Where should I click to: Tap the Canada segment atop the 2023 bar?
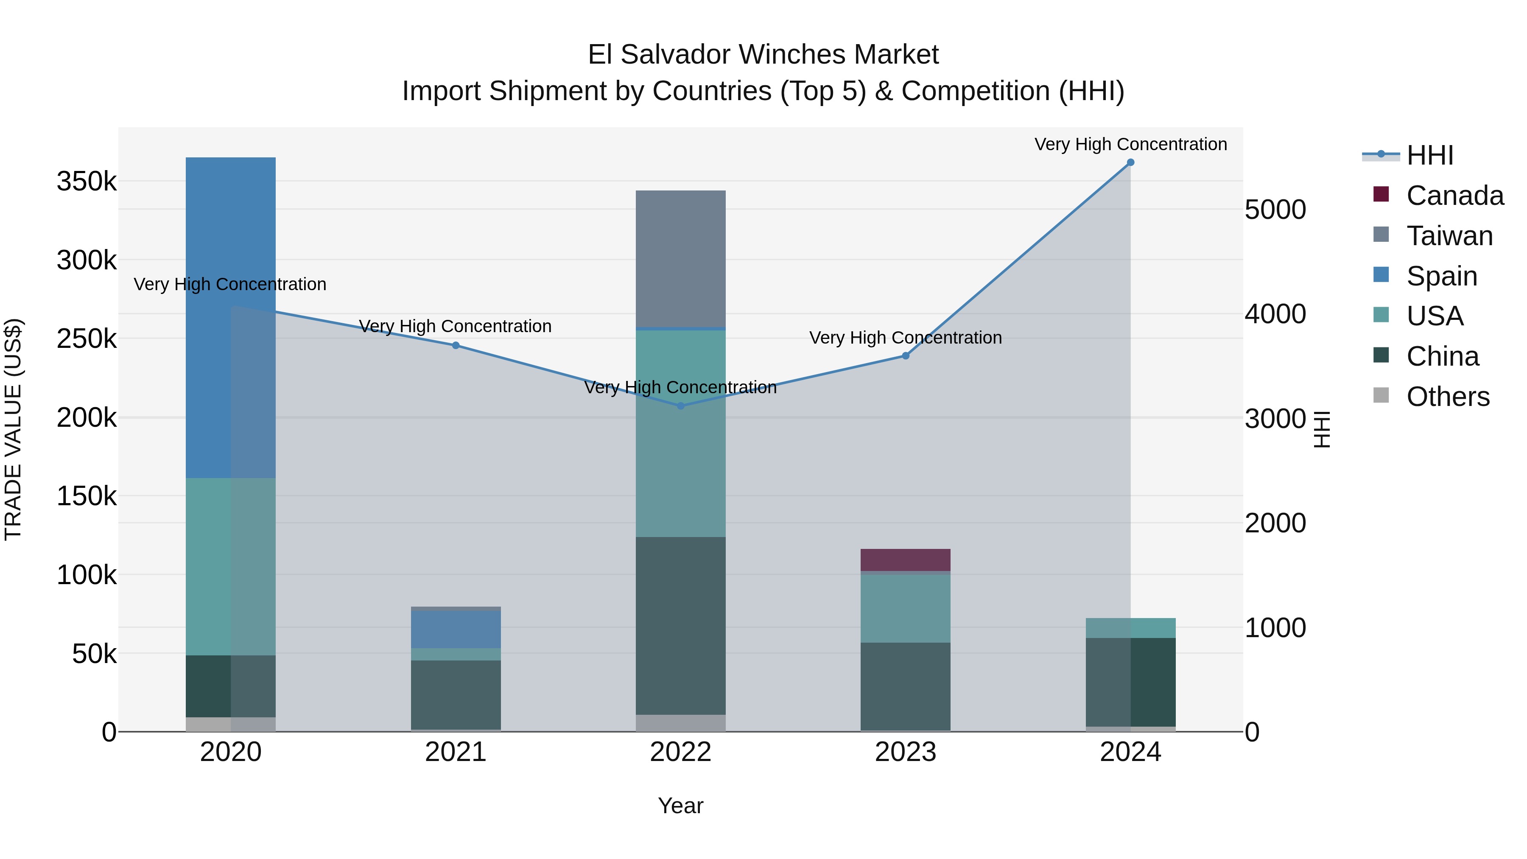coord(905,560)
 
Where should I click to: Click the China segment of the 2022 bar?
coord(680,625)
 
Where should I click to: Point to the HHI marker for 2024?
coord(1130,162)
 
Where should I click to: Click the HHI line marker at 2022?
coord(680,406)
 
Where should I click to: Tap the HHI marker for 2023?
coord(905,356)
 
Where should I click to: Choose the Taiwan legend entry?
coord(1449,236)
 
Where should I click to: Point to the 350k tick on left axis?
coord(87,182)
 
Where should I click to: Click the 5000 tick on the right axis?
coord(1275,210)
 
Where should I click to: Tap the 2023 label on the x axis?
coord(905,752)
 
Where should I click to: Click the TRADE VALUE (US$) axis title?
coord(13,429)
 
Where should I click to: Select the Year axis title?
coord(680,806)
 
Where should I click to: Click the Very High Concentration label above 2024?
coord(1130,144)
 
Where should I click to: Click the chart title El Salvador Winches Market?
coord(763,55)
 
